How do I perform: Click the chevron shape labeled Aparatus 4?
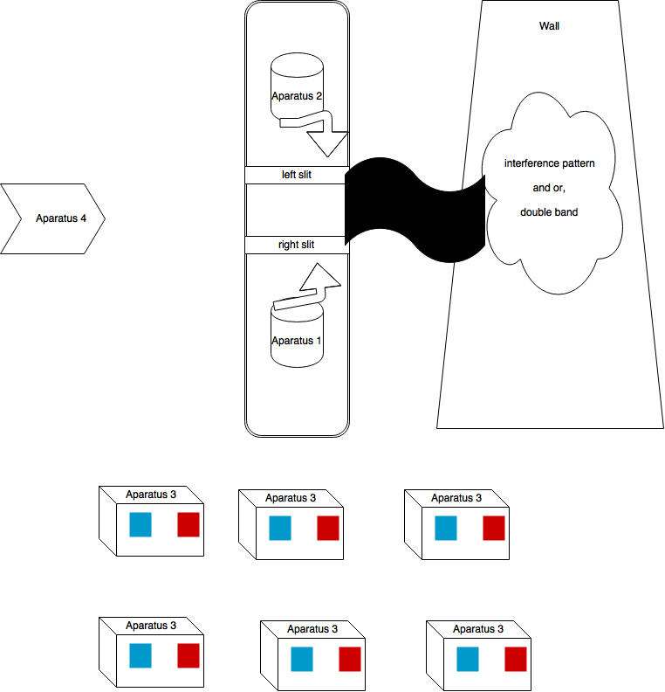pos(52,218)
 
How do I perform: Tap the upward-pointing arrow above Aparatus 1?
pos(314,284)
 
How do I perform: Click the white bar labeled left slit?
pos(297,175)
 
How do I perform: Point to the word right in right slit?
pos(289,245)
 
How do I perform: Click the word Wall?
pos(550,26)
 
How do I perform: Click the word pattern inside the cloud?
pos(579,164)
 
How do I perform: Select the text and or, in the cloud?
pos(549,188)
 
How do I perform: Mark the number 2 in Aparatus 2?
pos(319,96)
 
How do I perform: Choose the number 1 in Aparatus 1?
pos(319,341)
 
